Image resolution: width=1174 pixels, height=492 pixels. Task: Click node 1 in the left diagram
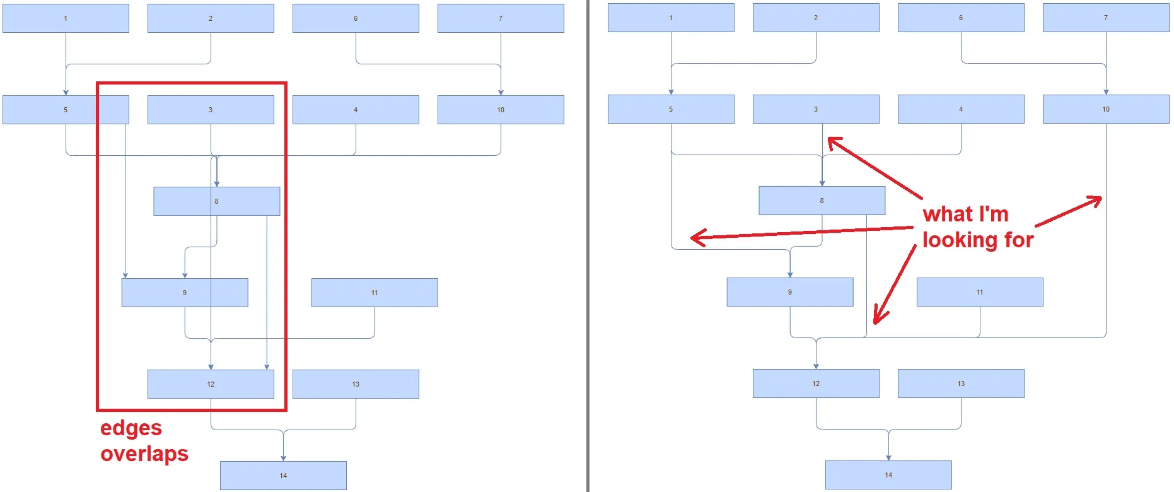(x=66, y=18)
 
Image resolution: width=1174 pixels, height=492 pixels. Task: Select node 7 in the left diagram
(x=501, y=18)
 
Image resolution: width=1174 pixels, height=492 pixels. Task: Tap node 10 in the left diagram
(x=501, y=110)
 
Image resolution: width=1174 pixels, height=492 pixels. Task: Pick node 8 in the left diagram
(x=216, y=201)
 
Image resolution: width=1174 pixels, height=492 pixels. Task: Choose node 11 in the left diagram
(x=375, y=293)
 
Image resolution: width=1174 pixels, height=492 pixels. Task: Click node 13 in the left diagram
(x=356, y=384)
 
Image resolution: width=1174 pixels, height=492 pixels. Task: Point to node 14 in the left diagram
(x=283, y=476)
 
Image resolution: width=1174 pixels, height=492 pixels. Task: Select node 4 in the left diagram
(x=356, y=110)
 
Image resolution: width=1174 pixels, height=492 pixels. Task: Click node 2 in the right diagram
(x=816, y=18)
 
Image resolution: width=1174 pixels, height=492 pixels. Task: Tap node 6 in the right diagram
(x=961, y=18)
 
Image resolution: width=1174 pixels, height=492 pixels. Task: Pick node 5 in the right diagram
(x=671, y=109)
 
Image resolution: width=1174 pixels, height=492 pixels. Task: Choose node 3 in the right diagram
(x=816, y=109)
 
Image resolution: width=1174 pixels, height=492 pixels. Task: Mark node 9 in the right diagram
(x=790, y=292)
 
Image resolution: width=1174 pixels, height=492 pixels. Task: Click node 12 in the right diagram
(x=816, y=384)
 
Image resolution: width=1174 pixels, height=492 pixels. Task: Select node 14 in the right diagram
(x=888, y=475)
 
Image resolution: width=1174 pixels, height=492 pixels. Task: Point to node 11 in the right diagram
(x=980, y=292)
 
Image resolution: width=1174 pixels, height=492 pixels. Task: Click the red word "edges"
(x=131, y=428)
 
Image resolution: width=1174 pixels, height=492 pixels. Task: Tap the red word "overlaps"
(x=144, y=454)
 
